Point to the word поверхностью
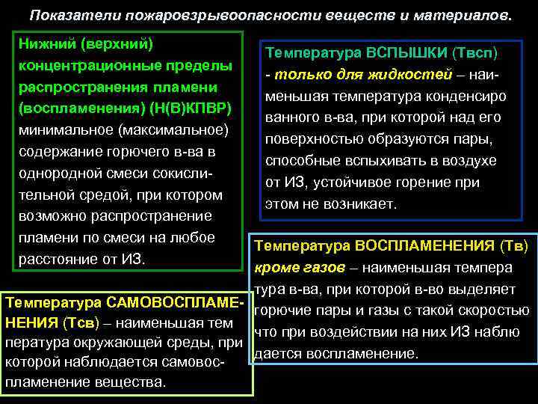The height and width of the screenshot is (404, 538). (x=307, y=140)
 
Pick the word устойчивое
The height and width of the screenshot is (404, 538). (x=354, y=183)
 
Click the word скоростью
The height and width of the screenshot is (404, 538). (x=491, y=310)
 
